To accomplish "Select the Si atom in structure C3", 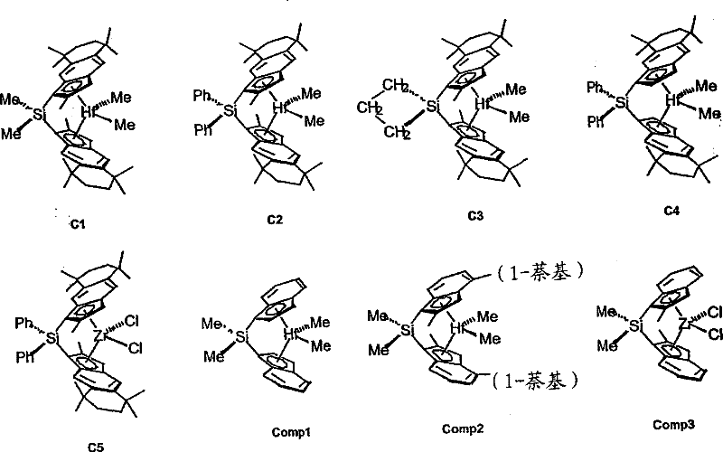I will coord(433,108).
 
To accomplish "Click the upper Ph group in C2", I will coord(202,93).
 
